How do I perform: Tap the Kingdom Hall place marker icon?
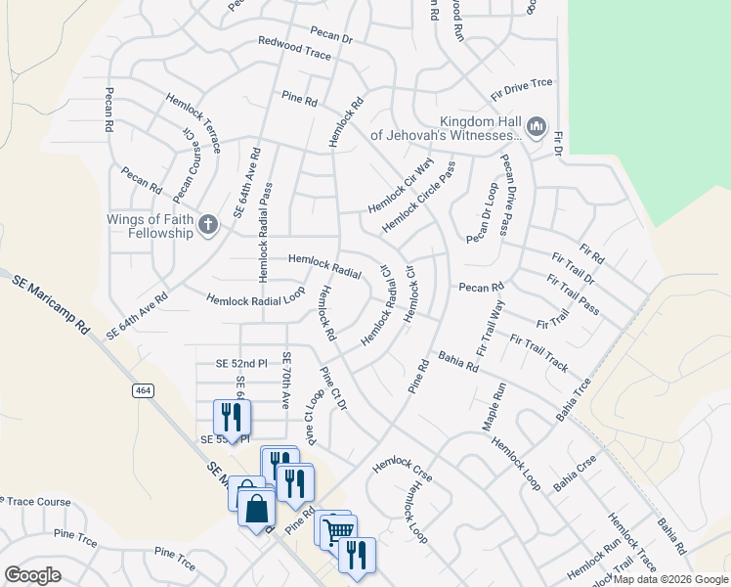536,126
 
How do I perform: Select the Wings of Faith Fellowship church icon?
207,226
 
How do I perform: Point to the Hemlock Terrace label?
193,122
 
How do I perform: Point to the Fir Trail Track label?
538,353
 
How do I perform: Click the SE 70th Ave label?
287,381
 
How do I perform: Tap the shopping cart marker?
338,530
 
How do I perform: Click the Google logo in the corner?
33,574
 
